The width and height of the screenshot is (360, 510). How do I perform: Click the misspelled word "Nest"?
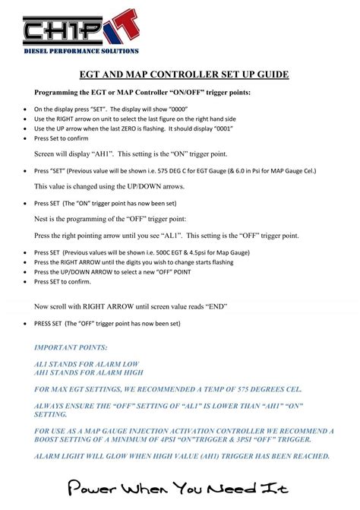click(x=43, y=218)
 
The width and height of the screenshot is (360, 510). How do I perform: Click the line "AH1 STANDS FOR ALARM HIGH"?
click(x=91, y=373)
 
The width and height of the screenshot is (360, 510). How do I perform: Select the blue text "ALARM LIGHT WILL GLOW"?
click(x=89, y=456)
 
